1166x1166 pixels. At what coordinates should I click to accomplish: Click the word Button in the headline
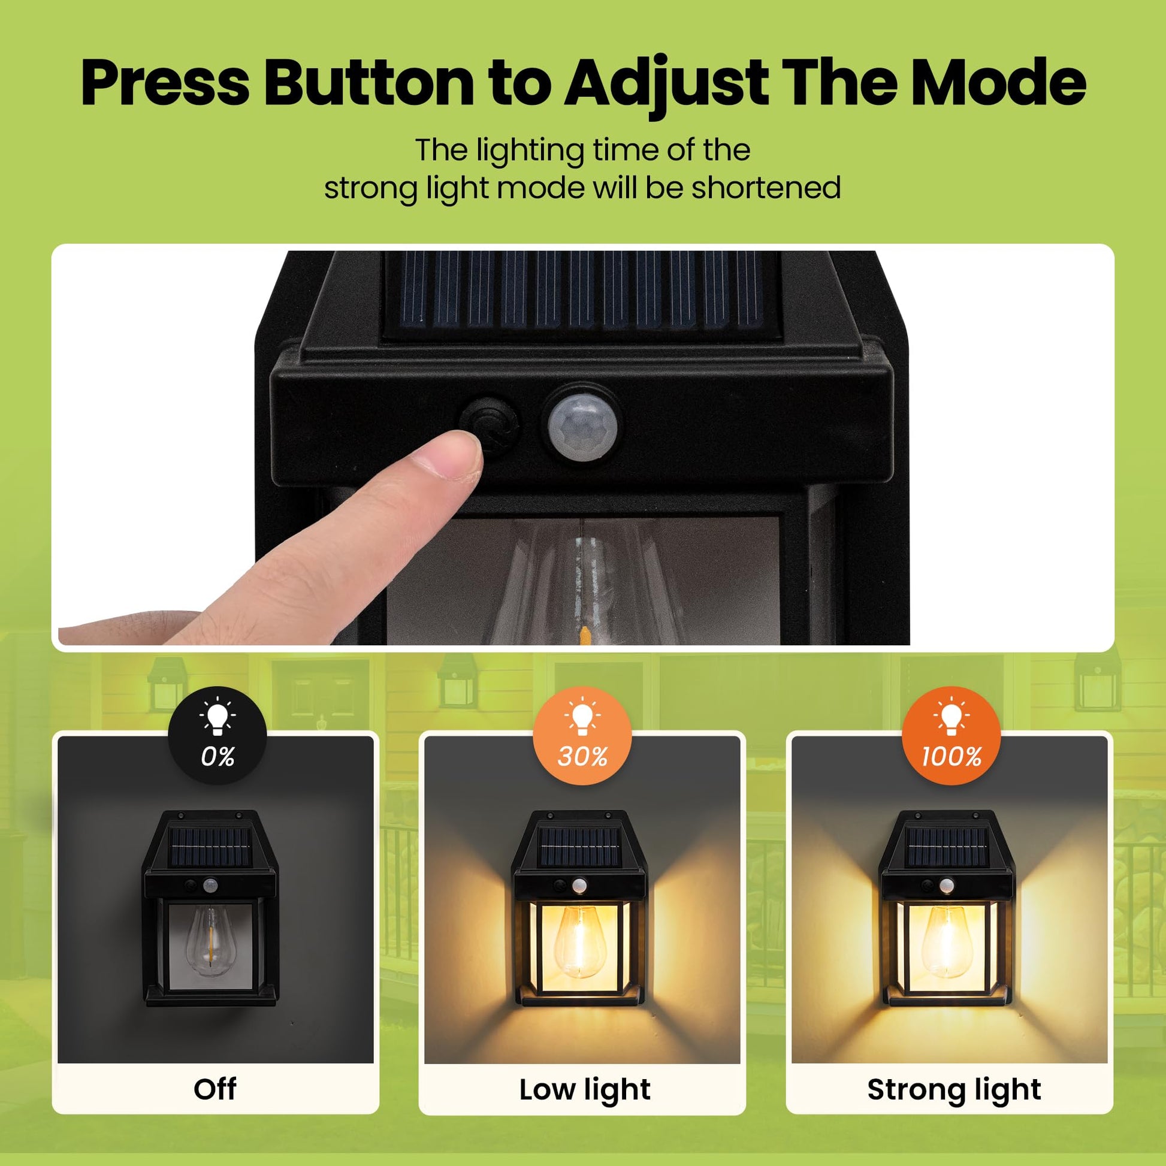click(369, 83)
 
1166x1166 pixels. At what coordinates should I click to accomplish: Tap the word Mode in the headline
click(998, 83)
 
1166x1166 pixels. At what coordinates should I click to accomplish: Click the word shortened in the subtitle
click(766, 188)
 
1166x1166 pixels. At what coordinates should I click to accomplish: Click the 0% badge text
click(218, 756)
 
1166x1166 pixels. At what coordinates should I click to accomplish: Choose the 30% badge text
click(582, 756)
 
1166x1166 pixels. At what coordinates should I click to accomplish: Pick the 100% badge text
click(951, 756)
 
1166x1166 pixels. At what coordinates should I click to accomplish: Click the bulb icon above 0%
click(218, 718)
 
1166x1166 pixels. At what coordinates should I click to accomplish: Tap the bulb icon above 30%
click(582, 718)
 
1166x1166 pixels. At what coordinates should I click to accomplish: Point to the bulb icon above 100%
click(951, 718)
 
